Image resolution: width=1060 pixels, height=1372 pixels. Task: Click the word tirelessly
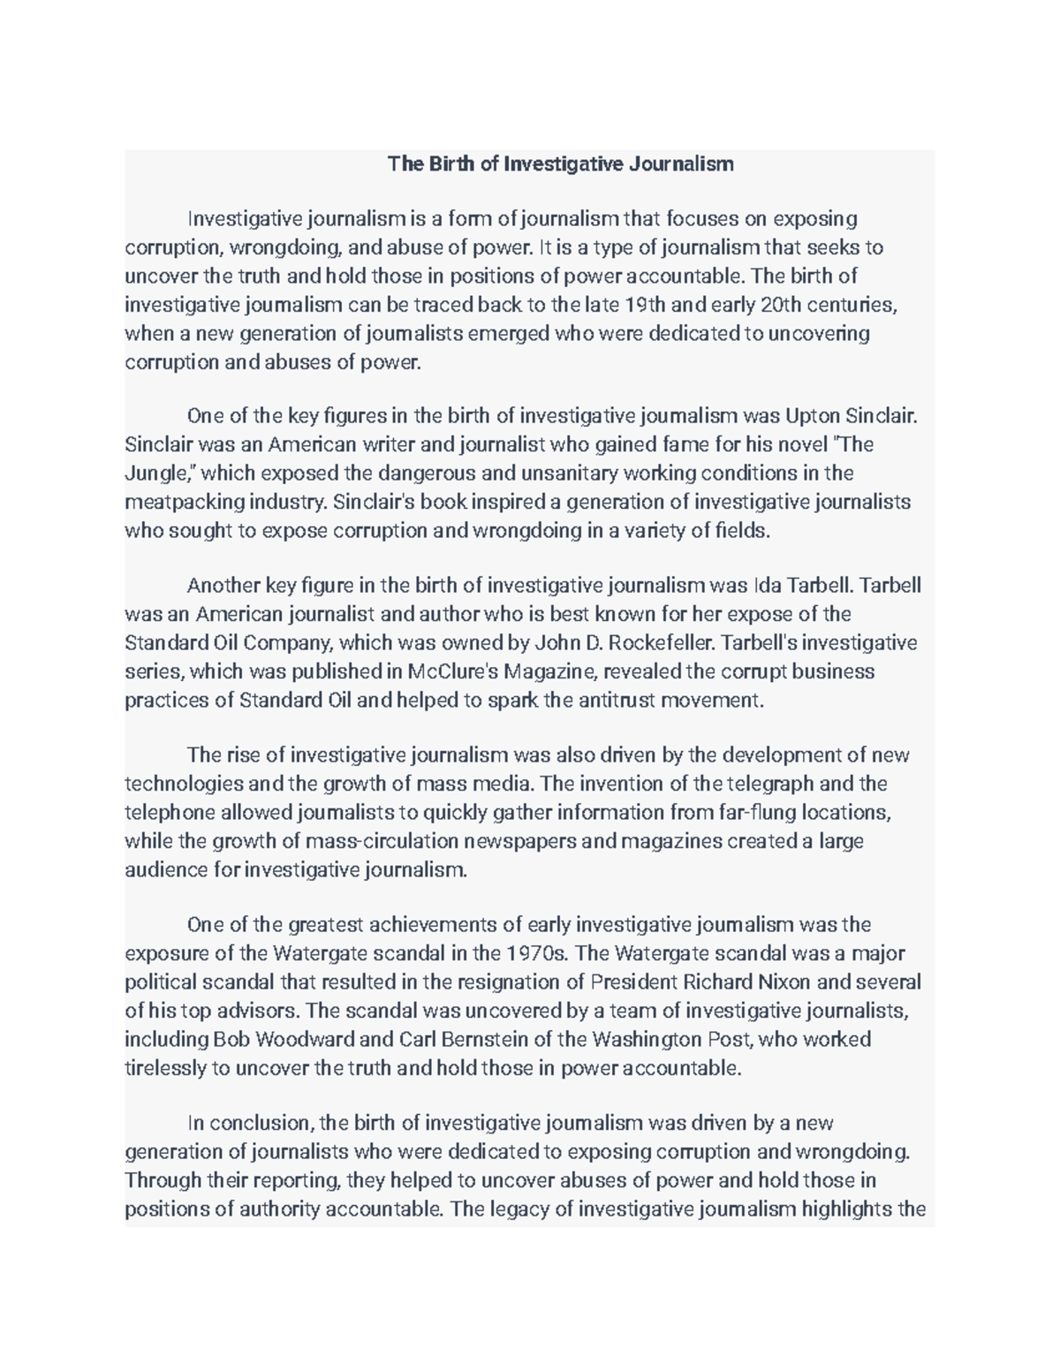pyautogui.click(x=165, y=1068)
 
